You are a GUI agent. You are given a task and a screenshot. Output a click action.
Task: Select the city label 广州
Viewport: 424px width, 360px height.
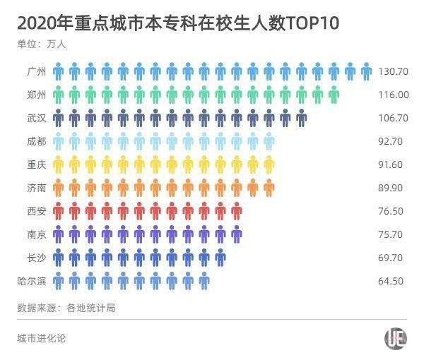35,72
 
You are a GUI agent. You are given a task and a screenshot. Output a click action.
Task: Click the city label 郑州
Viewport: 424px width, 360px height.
35,95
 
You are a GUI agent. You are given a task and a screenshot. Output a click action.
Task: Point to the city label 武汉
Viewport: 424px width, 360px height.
35,118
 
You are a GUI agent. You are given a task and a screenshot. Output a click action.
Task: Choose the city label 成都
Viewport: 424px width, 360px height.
35,141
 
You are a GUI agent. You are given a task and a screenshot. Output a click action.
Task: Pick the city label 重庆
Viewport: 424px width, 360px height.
35,164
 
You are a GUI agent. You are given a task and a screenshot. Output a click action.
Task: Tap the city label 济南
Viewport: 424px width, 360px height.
35,188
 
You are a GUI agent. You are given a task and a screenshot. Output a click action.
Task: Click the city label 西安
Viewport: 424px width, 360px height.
35,211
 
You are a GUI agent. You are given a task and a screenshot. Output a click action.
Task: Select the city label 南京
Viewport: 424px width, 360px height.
35,234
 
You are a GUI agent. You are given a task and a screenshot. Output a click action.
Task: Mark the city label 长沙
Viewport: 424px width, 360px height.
35,258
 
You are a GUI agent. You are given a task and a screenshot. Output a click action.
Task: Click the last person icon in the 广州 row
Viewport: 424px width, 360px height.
366,71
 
